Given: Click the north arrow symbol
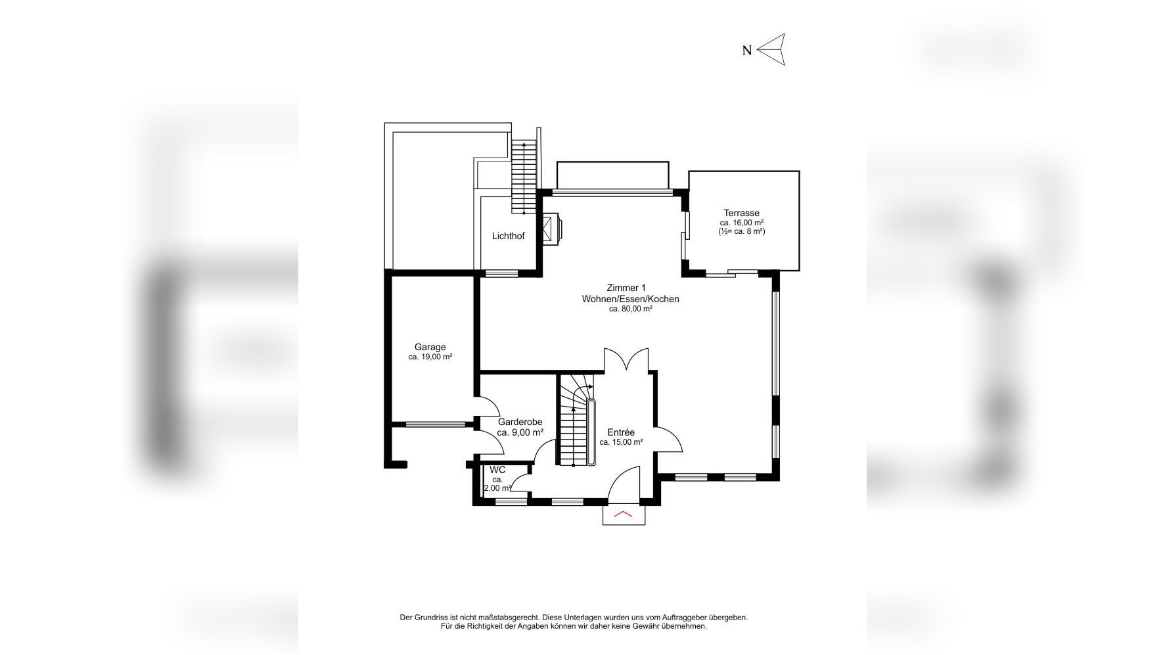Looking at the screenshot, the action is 772,49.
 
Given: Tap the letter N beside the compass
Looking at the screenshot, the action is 747,51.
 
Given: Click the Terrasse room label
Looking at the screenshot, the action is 741,213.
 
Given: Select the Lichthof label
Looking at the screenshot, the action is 509,236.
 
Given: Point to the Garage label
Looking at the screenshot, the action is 430,347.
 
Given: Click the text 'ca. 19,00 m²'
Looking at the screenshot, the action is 430,357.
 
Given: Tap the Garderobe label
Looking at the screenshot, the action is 520,422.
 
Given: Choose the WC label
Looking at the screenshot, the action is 497,470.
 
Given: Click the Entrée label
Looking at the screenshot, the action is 621,432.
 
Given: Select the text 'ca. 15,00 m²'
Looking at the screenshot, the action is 621,442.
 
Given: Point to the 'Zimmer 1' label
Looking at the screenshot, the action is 626,288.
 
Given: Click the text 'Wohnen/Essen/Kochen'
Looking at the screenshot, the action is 630,299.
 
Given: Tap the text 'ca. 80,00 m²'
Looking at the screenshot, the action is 630,309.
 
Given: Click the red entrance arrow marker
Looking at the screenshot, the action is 623,514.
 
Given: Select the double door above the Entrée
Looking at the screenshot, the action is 626,360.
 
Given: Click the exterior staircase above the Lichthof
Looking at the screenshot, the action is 524,177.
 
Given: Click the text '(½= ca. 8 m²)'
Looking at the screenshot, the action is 742,231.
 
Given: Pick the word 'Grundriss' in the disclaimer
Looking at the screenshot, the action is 430,618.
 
